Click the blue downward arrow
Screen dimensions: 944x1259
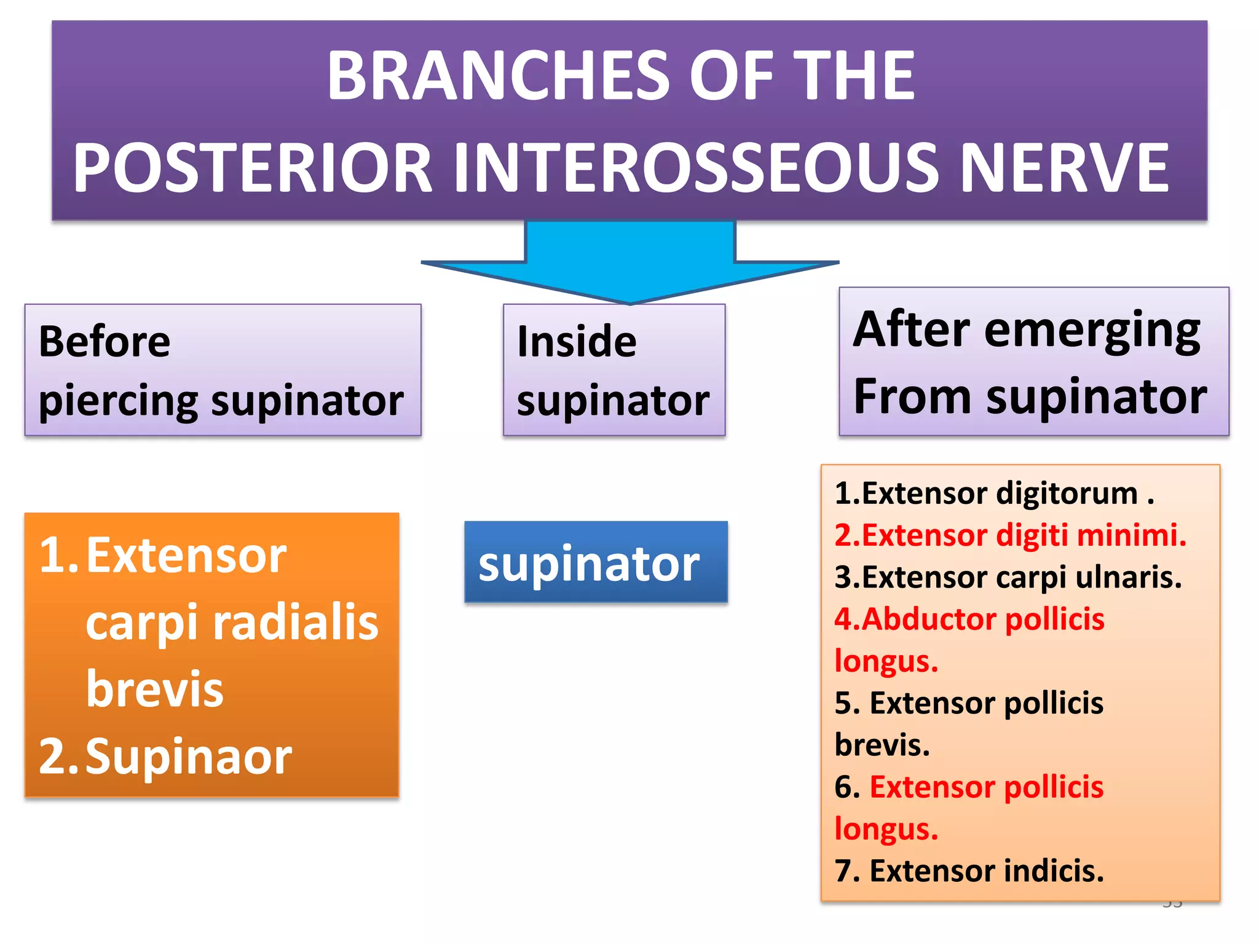(629, 261)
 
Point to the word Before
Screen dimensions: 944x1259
(104, 342)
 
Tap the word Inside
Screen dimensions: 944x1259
(576, 342)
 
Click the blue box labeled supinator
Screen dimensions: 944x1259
(595, 562)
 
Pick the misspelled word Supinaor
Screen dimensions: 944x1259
(188, 757)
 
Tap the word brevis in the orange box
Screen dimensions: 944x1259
(154, 690)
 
